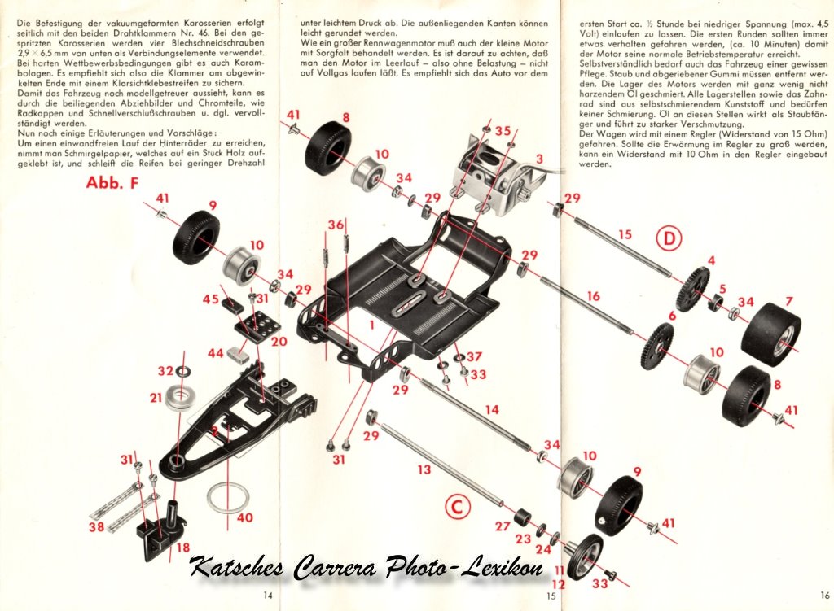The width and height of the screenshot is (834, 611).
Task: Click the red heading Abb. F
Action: (112, 182)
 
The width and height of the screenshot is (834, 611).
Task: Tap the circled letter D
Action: (669, 238)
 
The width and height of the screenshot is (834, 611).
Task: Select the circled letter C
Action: (458, 508)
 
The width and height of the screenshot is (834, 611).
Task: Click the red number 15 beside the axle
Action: (624, 234)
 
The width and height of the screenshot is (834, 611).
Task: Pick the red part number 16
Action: (593, 295)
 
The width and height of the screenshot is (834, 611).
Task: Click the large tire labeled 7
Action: (770, 333)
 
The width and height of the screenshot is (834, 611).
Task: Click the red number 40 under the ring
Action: (244, 517)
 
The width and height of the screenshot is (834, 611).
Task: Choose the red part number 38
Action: (97, 526)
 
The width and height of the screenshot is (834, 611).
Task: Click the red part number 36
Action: (336, 225)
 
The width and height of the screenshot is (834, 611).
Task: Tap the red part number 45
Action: (210, 299)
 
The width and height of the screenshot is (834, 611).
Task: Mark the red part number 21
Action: (156, 397)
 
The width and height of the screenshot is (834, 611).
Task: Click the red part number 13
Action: (424, 469)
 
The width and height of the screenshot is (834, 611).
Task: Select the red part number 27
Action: (503, 526)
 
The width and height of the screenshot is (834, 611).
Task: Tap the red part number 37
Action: (474, 356)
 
